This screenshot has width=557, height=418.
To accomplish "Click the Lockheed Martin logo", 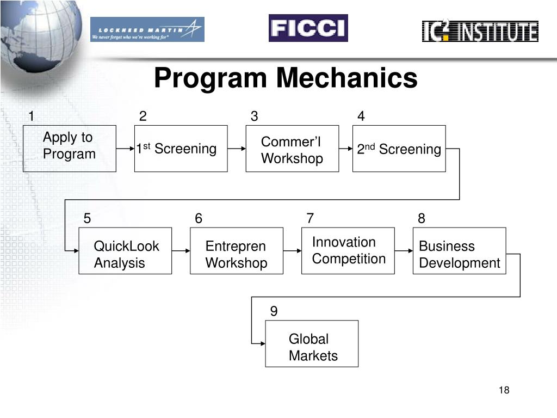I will pos(147,29).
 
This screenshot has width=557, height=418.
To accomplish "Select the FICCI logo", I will pos(308,28).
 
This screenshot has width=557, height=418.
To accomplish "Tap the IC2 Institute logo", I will pos(480,31).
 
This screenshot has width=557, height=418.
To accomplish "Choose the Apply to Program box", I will pos(70,149).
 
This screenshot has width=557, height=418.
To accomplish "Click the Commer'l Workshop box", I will pos(292,149).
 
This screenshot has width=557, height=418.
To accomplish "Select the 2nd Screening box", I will pos(399,149).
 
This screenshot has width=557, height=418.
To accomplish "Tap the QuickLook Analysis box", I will pos(125,251).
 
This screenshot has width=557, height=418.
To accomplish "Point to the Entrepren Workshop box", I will pos(237,251).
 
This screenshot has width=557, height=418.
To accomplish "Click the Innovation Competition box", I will pos(348,250).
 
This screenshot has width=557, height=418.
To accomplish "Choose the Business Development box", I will pos(459,251).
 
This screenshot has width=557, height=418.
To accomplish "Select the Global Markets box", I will pos(312,344).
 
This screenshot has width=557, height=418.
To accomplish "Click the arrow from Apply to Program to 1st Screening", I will pos(125,148).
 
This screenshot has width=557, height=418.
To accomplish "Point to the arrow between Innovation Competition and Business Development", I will pos(404,251).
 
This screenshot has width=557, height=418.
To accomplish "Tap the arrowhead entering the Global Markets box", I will pos(262,343).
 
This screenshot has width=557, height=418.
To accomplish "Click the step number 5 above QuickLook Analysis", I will pos(87,219).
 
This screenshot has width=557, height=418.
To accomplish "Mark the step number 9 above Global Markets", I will pos(274,311).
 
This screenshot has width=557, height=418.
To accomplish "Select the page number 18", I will pos(504,390).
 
